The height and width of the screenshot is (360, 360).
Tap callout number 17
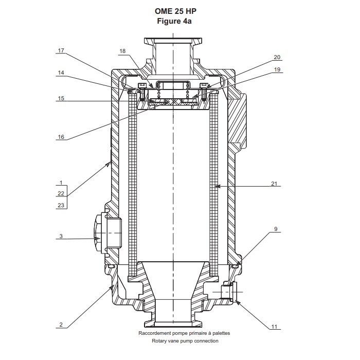[61, 50]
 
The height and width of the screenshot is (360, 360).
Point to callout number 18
[122, 51]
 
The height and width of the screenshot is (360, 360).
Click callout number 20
[277, 57]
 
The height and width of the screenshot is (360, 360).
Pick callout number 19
[277, 69]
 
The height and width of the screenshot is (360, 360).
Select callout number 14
[61, 73]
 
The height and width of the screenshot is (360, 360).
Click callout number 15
[61, 98]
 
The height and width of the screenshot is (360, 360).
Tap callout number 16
[61, 137]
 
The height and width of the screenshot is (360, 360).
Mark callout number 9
[276, 228]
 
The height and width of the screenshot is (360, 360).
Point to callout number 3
[61, 236]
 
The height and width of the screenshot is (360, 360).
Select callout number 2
[61, 325]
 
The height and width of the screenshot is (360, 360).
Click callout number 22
[61, 194]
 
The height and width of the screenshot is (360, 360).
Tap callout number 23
[61, 205]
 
